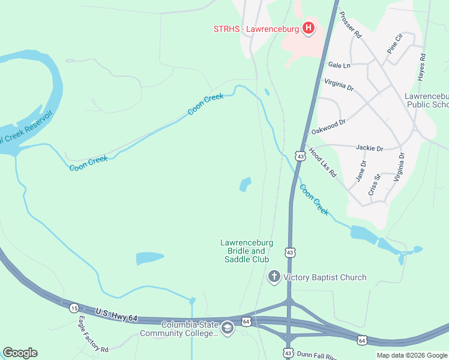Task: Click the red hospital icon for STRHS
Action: coord(309,28)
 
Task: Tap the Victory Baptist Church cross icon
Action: coord(274,277)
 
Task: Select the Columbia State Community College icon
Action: coord(228,328)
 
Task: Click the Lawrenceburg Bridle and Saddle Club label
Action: coord(247,251)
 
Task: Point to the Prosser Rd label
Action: coord(350,25)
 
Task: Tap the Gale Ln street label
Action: coord(339,64)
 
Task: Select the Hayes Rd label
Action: coord(423,67)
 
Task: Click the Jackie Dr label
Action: coord(369,148)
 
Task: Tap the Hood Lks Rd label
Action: coord(323,162)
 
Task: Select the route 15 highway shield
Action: coord(74,308)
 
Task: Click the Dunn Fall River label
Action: coord(324,353)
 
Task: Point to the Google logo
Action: coord(20,353)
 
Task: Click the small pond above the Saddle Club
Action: coord(245,184)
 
